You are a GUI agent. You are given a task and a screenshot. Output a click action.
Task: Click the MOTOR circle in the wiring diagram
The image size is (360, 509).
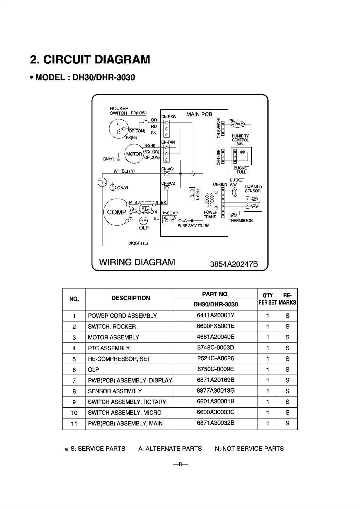[x=134, y=154]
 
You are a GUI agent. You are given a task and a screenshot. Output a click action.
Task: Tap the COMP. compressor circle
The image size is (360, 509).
[x=116, y=212]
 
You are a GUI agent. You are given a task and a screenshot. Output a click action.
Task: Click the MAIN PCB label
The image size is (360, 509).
[x=199, y=114]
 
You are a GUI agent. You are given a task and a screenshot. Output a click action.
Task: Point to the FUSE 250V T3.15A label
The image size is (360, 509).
[x=193, y=226]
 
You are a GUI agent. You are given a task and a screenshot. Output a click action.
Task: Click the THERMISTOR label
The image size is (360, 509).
[x=241, y=221]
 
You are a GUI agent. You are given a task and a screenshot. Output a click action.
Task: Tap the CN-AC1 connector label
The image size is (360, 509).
[x=168, y=169]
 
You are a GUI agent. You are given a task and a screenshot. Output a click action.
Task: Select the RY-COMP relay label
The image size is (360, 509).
[x=169, y=213]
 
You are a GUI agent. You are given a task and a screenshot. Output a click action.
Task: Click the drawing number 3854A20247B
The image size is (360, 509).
[x=234, y=264]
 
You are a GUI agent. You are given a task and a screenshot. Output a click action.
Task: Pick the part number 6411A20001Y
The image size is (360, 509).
[x=215, y=315]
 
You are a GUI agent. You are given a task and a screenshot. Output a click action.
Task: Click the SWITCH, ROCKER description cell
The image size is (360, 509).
[x=112, y=326]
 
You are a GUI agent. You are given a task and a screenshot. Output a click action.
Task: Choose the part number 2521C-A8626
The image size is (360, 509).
[x=215, y=358]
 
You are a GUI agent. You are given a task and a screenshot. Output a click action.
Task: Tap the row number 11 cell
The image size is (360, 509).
[x=74, y=424]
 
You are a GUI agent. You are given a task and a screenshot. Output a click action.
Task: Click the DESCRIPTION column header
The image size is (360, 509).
[x=131, y=298]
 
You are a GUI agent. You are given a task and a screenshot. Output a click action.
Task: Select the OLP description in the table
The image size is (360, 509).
[x=93, y=370]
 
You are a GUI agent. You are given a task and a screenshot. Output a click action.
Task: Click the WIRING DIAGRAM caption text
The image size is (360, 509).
[x=137, y=262]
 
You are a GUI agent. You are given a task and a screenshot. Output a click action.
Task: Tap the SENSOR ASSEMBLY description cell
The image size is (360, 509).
[x=115, y=391]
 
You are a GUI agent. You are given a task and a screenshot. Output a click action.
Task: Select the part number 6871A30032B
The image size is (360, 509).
[x=215, y=423]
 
